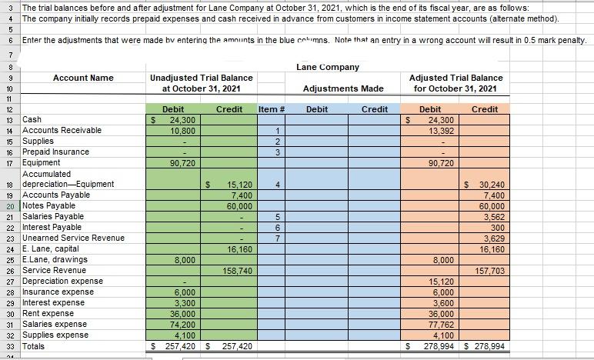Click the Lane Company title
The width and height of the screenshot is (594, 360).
pyautogui.click(x=327, y=68)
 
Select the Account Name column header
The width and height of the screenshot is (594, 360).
pyautogui.click(x=83, y=78)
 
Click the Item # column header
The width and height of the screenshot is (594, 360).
pyautogui.click(x=272, y=109)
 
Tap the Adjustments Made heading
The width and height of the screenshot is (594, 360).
pyautogui.click(x=343, y=89)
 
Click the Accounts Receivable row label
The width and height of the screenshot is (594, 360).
pyautogui.click(x=62, y=130)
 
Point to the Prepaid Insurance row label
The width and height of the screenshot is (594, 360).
pyautogui.click(x=55, y=152)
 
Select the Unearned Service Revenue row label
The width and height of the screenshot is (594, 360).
pyautogui.click(x=74, y=238)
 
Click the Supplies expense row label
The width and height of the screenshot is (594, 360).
pyautogui.click(x=56, y=335)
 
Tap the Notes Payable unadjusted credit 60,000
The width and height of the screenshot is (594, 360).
pyautogui.click(x=236, y=206)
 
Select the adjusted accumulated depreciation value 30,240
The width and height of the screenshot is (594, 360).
pyautogui.click(x=489, y=185)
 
